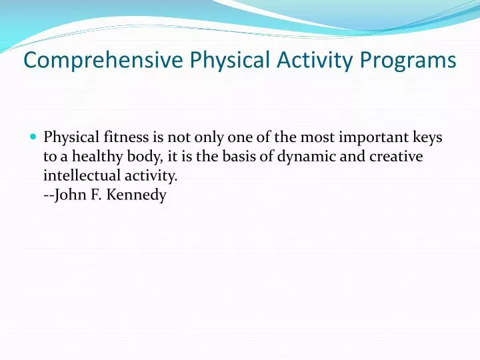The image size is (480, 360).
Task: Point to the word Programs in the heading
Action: coord(409,61)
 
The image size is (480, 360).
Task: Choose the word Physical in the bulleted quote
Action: coord(71,138)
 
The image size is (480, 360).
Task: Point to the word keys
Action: coord(427,138)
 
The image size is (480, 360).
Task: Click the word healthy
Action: coord(98,157)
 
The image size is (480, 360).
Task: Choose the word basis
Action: coord(239,157)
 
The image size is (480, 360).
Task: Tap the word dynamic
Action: coord(305,157)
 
